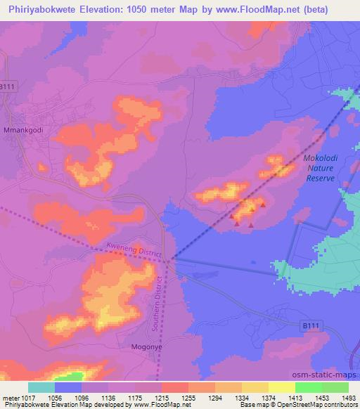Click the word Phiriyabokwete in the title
[x=41, y=8]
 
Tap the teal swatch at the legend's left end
[x=41, y=387]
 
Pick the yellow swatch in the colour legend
[x=282, y=387]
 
